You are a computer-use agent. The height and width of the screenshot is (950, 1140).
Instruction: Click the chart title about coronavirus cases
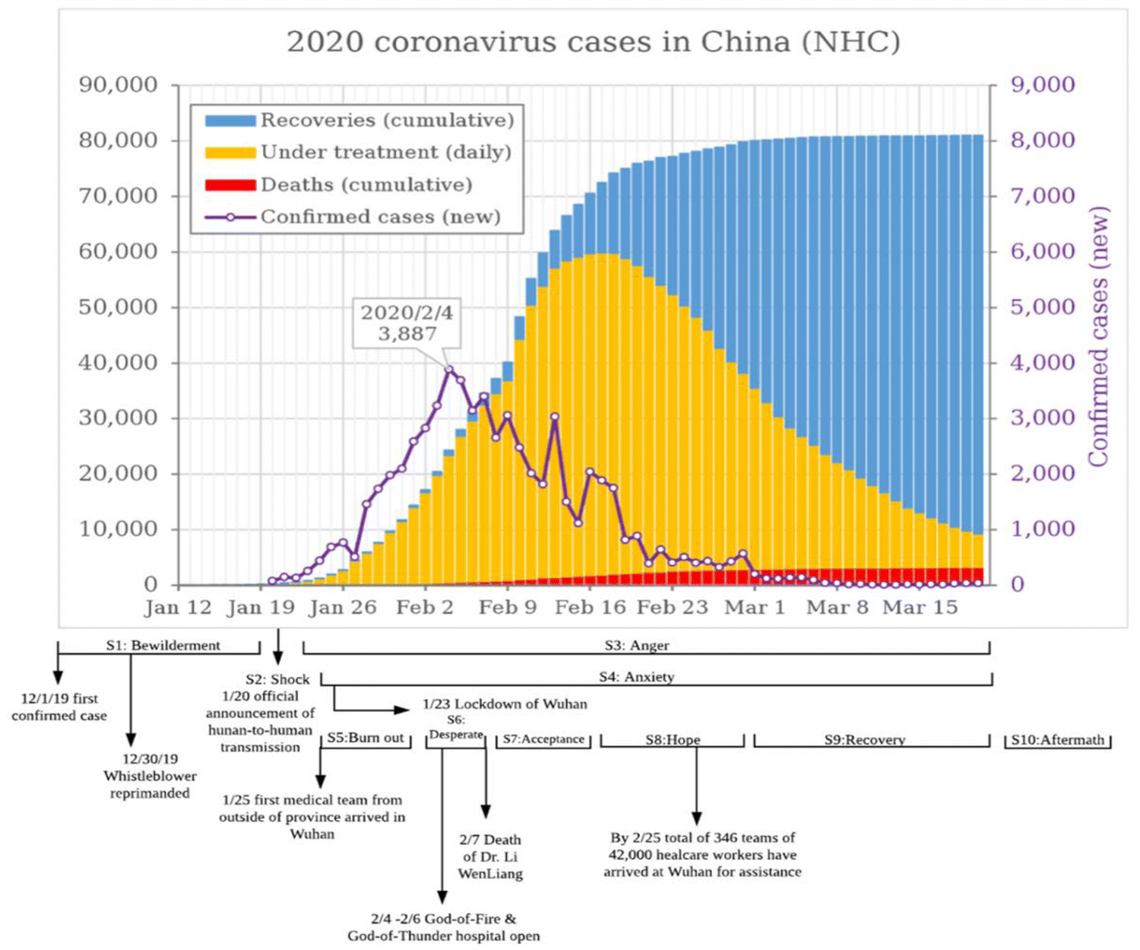[593, 42]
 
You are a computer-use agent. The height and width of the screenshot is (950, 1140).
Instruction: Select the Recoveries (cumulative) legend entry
[387, 120]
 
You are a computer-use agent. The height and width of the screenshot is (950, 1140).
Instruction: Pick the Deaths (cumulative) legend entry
[366, 185]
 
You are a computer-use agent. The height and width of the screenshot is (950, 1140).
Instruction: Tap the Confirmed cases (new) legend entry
[380, 217]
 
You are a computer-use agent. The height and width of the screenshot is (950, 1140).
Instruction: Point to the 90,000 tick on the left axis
[119, 84]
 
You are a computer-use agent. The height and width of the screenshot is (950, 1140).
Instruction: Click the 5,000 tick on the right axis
[1042, 307]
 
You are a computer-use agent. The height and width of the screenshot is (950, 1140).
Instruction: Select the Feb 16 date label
[591, 607]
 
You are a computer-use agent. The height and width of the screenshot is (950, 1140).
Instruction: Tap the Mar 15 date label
[920, 607]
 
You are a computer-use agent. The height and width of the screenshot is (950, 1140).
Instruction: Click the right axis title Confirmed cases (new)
[1098, 336]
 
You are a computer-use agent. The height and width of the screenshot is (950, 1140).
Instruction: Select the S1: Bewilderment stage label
[163, 645]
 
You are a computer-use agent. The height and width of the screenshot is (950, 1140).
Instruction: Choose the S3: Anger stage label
[637, 645]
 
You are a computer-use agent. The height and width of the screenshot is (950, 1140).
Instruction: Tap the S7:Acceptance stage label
[543, 739]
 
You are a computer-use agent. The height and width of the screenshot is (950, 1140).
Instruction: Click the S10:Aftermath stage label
[1057, 739]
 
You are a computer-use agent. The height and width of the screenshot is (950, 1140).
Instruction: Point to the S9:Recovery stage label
[865, 739]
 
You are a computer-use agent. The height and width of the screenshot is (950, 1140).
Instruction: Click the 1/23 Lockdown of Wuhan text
[505, 704]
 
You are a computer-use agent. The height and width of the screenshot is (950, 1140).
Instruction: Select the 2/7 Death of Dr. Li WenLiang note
[490, 856]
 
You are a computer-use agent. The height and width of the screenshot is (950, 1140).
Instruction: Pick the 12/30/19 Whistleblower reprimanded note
[150, 776]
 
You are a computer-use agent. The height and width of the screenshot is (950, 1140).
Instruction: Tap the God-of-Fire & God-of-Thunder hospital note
[444, 927]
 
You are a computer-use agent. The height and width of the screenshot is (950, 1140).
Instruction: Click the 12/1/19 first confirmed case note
[59, 707]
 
